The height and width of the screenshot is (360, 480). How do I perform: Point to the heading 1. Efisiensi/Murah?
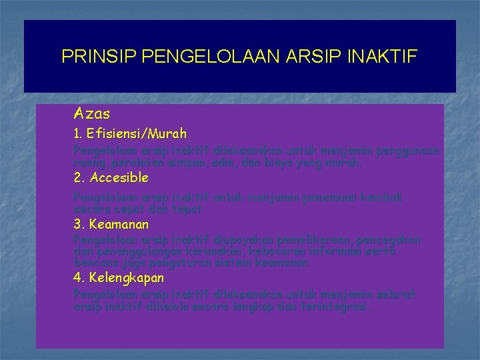tap(130, 134)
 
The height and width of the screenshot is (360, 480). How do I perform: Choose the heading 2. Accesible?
tap(111, 178)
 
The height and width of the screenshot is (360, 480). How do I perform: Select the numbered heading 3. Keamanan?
tap(111, 224)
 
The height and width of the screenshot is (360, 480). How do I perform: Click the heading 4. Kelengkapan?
tap(118, 277)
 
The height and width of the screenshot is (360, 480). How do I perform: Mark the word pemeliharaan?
tap(316, 240)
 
